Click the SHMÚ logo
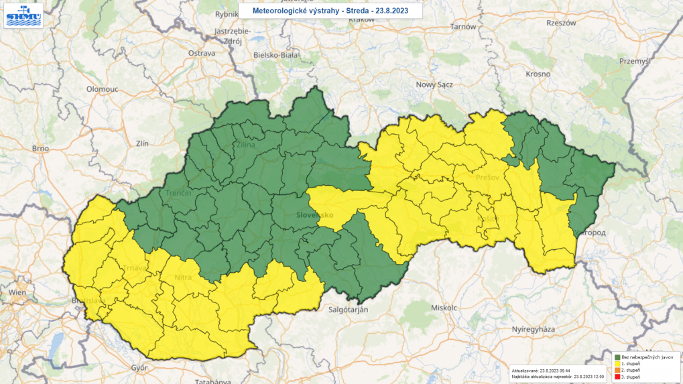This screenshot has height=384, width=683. [23, 16]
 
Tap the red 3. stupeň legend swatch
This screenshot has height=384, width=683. [617, 377]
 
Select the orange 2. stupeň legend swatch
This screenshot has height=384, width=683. [617, 370]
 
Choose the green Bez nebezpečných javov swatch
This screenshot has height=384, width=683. [617, 357]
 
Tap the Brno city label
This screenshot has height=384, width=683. [41, 148]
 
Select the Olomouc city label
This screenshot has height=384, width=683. [102, 88]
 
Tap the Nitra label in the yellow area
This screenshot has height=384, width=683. [183, 277]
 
